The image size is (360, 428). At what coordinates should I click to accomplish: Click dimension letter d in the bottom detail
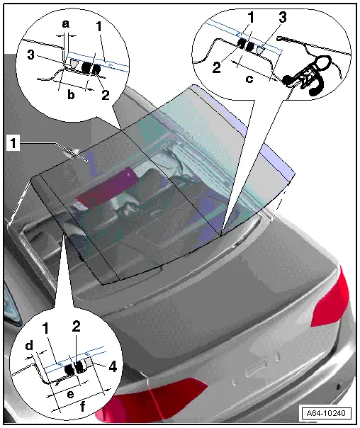coord(29,347)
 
